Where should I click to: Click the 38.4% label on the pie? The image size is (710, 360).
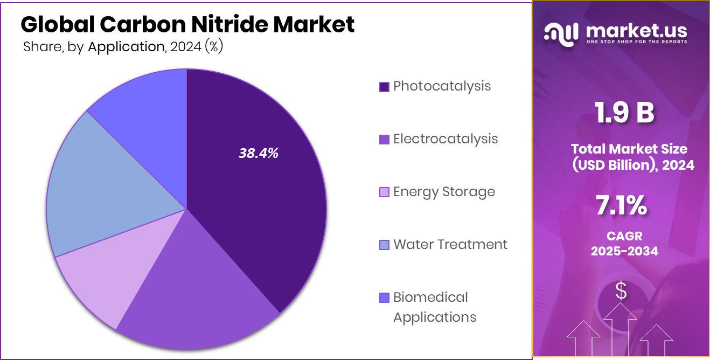click(x=259, y=153)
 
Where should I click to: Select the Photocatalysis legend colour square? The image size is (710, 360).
click(x=384, y=87)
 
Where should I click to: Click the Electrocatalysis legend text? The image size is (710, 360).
click(x=445, y=139)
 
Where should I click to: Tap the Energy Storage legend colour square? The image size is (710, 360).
click(x=384, y=192)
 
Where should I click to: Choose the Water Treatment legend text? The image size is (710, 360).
click(x=450, y=245)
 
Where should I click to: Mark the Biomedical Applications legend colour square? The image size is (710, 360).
click(x=384, y=297)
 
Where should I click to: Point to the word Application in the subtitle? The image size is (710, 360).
click(x=126, y=47)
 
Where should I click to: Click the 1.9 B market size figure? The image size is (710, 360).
click(x=624, y=113)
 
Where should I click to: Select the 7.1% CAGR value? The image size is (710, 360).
click(x=621, y=206)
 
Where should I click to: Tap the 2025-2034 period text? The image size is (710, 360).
click(x=624, y=251)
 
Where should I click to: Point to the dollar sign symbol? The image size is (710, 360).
click(x=621, y=291)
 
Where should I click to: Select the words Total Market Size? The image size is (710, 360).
click(x=629, y=149)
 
